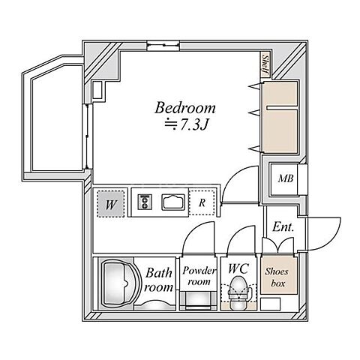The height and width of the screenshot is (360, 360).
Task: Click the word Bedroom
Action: [185, 108]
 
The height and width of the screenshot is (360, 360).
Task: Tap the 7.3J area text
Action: [186, 124]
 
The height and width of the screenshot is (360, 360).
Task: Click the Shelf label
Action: [265, 65]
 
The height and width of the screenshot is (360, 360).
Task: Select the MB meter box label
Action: [286, 178]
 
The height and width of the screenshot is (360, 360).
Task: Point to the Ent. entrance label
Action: [283, 227]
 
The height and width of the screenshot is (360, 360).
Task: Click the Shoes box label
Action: [277, 277]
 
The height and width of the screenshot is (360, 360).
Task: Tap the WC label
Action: [238, 268]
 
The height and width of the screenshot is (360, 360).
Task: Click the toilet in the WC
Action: [239, 292]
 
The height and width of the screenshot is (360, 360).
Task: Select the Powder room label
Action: [199, 276]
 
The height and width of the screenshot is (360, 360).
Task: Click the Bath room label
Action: [159, 280]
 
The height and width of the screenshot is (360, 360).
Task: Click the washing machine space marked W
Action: [110, 204]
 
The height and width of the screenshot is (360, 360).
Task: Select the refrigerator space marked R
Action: [202, 202]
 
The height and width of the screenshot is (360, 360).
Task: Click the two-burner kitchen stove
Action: [145, 202]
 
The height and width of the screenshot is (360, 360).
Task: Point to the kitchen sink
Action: [173, 202]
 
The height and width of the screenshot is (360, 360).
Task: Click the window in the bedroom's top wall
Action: [163, 46]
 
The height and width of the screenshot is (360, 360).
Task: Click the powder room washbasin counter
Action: [199, 301]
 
